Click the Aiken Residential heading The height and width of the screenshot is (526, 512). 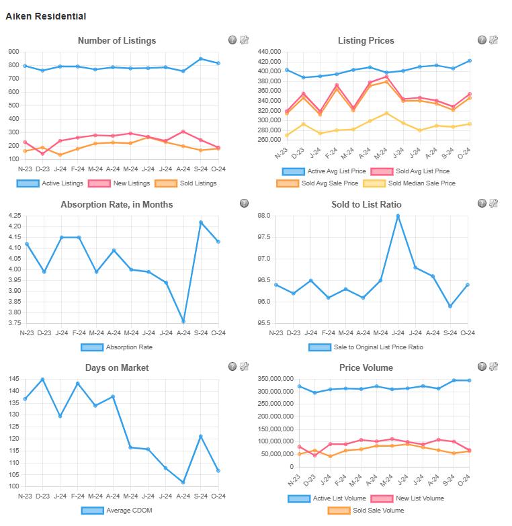pyautogui.click(x=46, y=16)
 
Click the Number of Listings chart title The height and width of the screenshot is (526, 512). pyautogui.click(x=117, y=40)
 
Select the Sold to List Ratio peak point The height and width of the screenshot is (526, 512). pyautogui.click(x=398, y=216)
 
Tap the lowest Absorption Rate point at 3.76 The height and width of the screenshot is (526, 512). pyautogui.click(x=183, y=321)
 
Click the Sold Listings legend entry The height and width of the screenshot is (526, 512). pyautogui.click(x=185, y=183)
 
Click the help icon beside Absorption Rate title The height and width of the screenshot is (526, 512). pyautogui.click(x=244, y=204)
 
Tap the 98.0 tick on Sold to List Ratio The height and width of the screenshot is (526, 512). pyautogui.click(x=263, y=216)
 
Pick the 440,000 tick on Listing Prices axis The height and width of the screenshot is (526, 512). pyautogui.click(x=267, y=52)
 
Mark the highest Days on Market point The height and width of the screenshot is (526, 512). pyautogui.click(x=43, y=380)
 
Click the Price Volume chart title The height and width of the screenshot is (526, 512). pyautogui.click(x=366, y=367)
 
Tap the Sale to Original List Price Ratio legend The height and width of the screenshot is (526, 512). pyautogui.click(x=367, y=347)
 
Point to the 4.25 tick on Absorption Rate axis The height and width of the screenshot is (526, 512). pyautogui.click(x=14, y=216)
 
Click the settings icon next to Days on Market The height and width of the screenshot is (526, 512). pyautogui.click(x=244, y=367)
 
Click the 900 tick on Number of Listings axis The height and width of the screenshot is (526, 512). pyautogui.click(x=13, y=52)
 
